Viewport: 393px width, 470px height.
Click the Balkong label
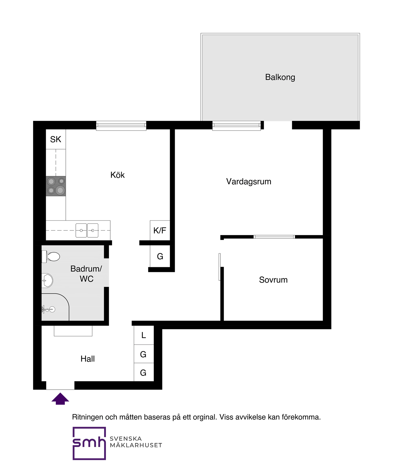[x=280, y=77]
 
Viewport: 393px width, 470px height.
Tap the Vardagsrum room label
[x=249, y=182]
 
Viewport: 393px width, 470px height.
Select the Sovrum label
[x=273, y=280]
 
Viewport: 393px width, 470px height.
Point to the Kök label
[x=118, y=175]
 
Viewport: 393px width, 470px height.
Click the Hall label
[x=88, y=359]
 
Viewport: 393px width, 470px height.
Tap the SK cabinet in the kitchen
[x=56, y=139]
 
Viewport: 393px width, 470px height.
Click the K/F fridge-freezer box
[x=160, y=230]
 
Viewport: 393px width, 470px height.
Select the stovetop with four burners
[x=56, y=186]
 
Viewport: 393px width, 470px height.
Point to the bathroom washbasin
[x=47, y=280]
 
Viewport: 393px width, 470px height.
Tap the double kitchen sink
[x=87, y=230]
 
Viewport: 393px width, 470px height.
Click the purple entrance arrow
[x=60, y=399]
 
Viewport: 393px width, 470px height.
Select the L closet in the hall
[x=144, y=335]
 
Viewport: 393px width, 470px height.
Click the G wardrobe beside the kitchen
[x=160, y=256]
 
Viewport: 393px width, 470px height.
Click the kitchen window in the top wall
[x=121, y=125]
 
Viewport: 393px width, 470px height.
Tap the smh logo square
[x=89, y=443]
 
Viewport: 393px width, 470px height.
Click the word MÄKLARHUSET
[x=136, y=445]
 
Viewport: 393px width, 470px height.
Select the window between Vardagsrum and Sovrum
[x=274, y=237]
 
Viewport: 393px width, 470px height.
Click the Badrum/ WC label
[x=86, y=274]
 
